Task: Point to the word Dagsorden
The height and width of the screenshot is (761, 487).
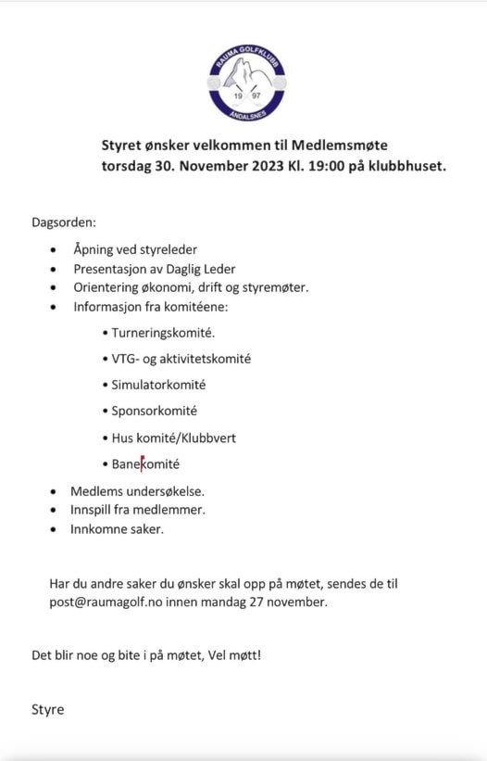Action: point(64,222)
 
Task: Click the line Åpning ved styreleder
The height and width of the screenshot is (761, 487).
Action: point(135,249)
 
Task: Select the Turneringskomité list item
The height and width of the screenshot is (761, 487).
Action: point(163,331)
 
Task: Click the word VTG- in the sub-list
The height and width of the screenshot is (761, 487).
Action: point(126,358)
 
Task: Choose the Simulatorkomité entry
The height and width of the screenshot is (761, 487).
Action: point(158,384)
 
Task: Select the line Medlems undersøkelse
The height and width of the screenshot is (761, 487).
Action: point(137,491)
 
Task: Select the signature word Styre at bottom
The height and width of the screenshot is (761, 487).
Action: point(48,709)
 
